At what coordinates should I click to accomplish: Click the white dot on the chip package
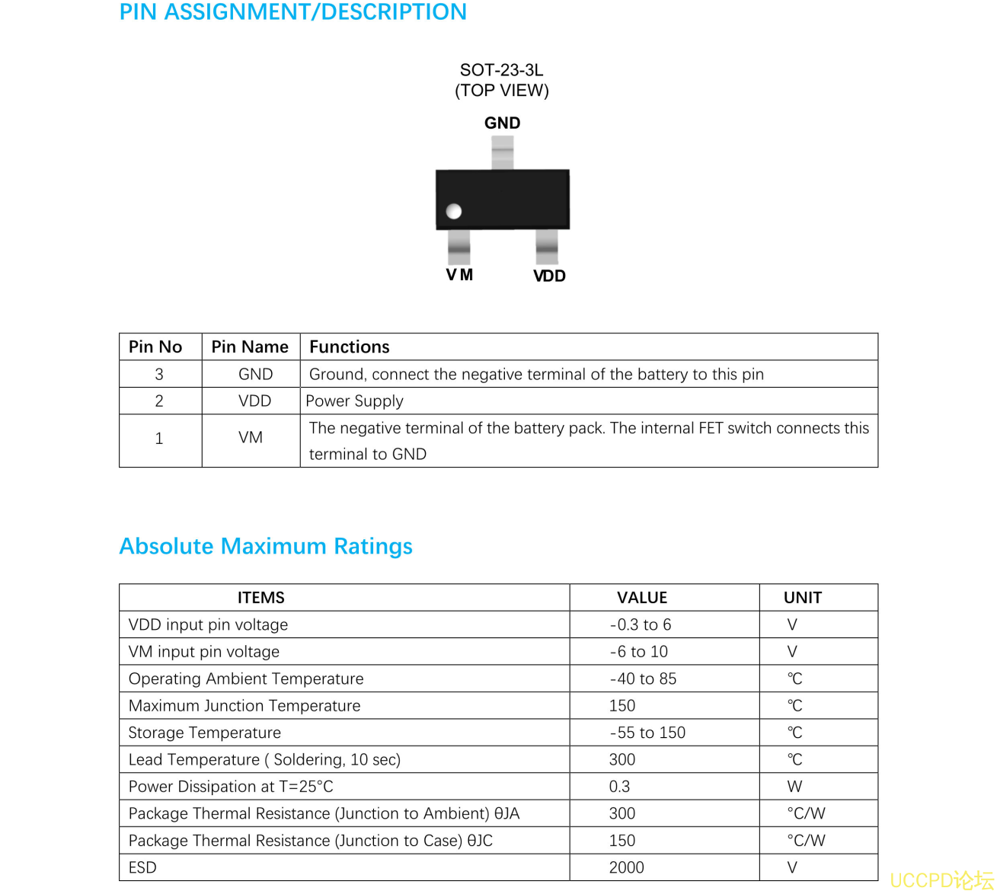[454, 211]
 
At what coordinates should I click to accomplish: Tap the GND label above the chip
[502, 123]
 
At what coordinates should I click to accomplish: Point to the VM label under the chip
[459, 275]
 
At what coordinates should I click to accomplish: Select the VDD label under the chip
[549, 276]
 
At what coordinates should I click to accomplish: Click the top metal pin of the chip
[502, 152]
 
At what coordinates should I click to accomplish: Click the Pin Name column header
[250, 347]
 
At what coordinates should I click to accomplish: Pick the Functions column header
[349, 347]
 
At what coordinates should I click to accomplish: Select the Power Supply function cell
[354, 401]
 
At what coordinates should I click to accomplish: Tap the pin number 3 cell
[159, 375]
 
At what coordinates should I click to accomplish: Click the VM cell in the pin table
[251, 438]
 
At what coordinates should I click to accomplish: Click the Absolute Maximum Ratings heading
[266, 546]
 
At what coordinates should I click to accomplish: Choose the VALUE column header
[642, 598]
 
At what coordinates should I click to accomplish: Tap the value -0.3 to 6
[641, 625]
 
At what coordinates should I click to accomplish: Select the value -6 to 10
[639, 652]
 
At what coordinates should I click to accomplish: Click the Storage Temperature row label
[204, 733]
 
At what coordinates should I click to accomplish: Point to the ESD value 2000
[626, 867]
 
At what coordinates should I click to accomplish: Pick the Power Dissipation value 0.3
[619, 787]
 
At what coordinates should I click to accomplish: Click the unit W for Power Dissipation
[794, 787]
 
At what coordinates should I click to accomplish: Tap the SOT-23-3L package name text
[501, 70]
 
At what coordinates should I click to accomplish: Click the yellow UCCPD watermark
[941, 880]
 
